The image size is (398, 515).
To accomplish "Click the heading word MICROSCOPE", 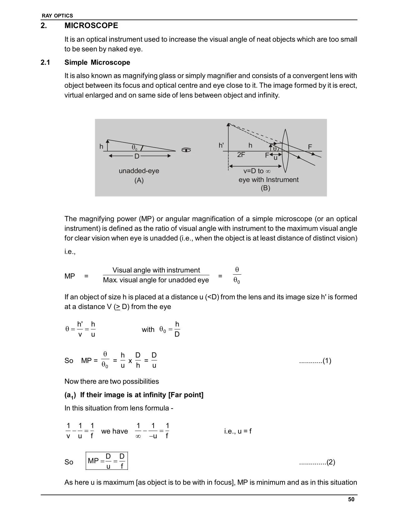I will (91, 26).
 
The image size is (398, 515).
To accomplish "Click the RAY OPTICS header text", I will (57, 16).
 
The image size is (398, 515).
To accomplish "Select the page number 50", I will (351, 499).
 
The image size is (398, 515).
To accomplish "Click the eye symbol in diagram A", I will (186, 150).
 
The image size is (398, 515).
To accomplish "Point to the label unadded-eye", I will (139, 171).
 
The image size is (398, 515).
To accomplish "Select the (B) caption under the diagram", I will (265, 188).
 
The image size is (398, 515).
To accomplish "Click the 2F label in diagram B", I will (241, 154).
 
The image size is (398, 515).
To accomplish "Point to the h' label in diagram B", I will (221, 145).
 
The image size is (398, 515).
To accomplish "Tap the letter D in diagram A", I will (137, 156).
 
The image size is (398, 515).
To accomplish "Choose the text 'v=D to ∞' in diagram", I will (257, 171).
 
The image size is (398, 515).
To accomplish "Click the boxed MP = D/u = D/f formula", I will (107, 461).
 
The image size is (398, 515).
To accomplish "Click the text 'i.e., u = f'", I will (238, 431).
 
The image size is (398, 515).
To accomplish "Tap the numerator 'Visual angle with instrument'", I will (156, 270).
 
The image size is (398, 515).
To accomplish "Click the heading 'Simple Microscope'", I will (97, 62).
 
